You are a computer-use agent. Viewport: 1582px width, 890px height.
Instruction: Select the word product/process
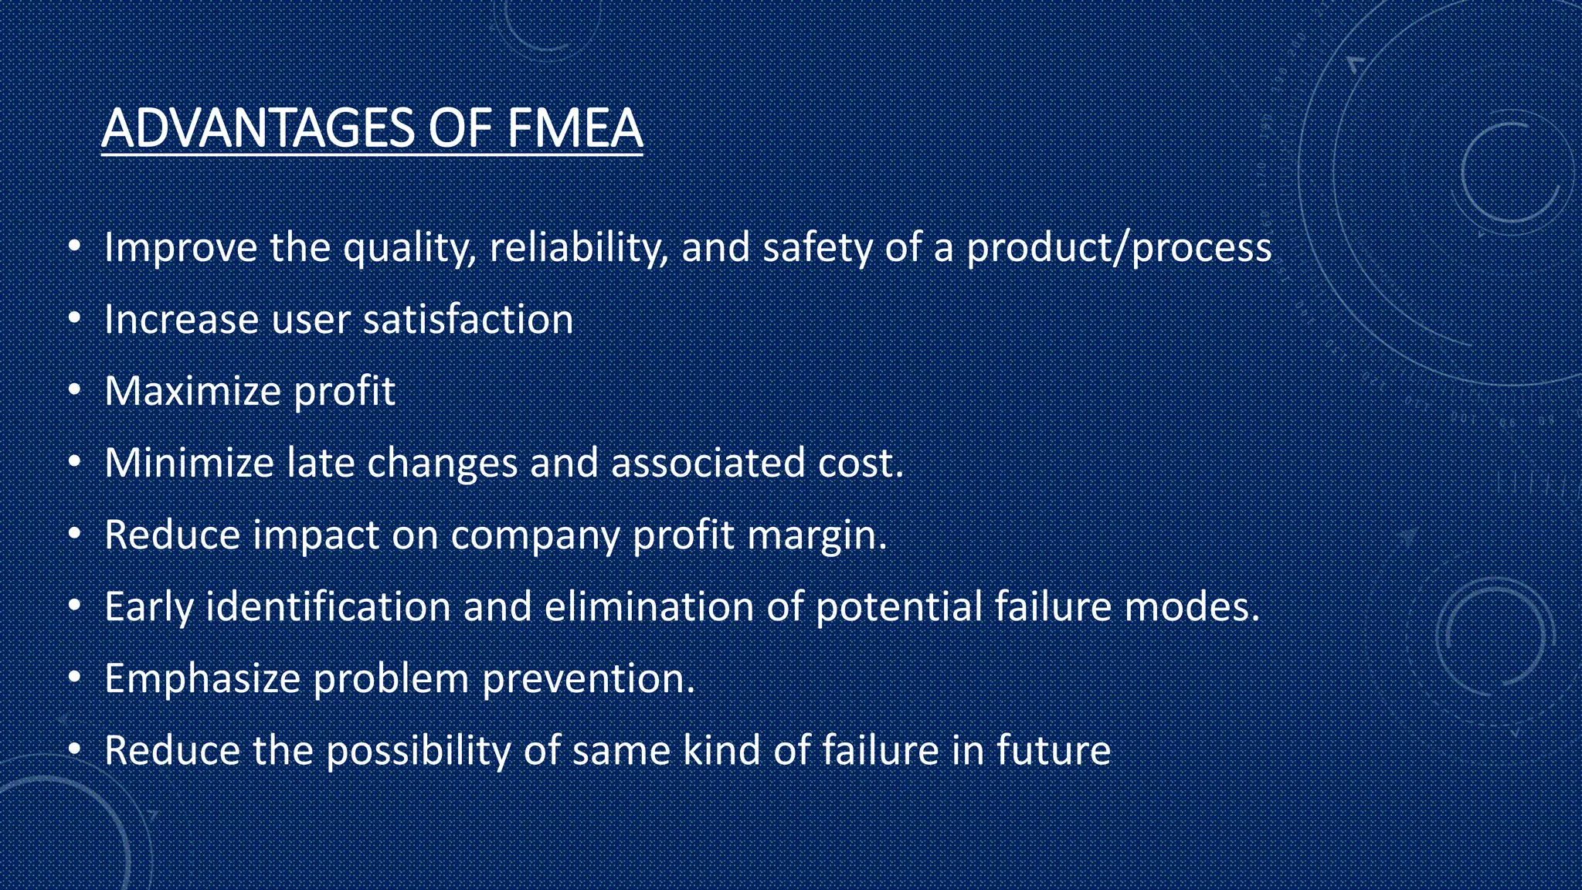1119,249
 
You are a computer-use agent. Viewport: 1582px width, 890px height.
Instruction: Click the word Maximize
192,391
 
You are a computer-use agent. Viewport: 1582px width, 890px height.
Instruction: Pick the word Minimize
189,463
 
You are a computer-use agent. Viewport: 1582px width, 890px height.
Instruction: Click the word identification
328,606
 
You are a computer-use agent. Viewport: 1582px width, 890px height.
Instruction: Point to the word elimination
649,606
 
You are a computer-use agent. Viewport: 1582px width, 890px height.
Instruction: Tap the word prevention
588,679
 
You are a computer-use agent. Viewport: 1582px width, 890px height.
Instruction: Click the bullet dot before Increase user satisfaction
74,318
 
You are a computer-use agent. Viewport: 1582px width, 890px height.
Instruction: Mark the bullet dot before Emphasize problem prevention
74,678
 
